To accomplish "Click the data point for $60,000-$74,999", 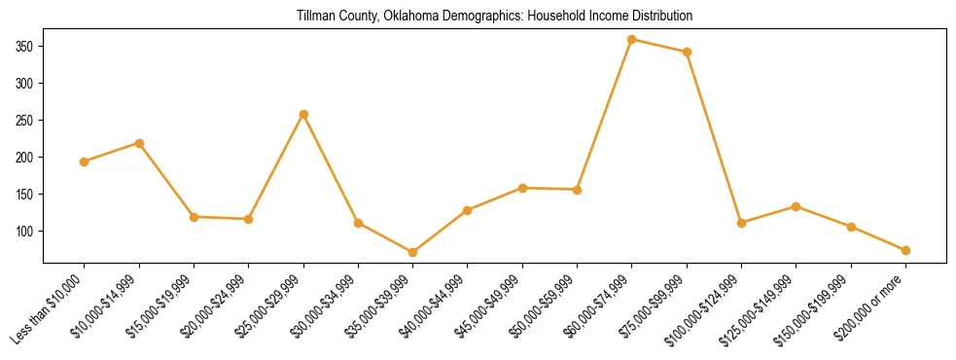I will (x=632, y=40).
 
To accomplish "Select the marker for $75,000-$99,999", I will (x=687, y=52).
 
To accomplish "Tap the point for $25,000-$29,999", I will (x=303, y=114).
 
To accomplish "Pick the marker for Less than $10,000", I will (x=85, y=162).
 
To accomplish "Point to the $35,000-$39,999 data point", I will (x=413, y=252).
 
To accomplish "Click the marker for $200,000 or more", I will (x=905, y=250).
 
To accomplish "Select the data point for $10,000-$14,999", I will (x=139, y=143).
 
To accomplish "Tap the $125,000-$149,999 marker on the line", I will (x=797, y=206).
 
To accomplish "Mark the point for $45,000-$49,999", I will (x=522, y=188).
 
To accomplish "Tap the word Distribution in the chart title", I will (x=657, y=17).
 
